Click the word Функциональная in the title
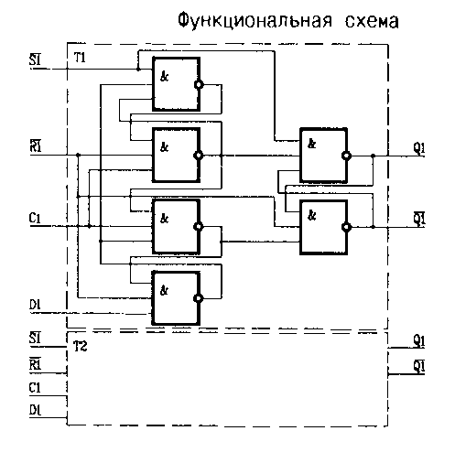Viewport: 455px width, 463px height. tap(255, 21)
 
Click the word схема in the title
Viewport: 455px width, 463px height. tap(372, 22)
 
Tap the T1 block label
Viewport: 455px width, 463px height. tap(80, 58)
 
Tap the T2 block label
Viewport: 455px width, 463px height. tap(81, 346)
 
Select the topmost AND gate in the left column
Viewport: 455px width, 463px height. tap(177, 84)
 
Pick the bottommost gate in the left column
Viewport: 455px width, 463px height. tap(177, 298)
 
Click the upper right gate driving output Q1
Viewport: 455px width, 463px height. tap(324, 156)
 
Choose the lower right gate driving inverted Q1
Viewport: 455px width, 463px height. tap(324, 227)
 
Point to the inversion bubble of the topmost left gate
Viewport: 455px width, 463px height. tap(199, 84)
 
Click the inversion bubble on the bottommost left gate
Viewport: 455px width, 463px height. tap(198, 298)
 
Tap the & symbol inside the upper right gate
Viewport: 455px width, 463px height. tap(311, 144)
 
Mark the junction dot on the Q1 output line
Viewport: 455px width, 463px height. tap(373, 156)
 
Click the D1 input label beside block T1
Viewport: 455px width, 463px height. tap(35, 305)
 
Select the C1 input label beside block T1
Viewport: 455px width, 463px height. tap(35, 218)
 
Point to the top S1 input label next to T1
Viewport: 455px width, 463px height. tap(35, 59)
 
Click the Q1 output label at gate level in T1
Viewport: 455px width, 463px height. tap(419, 148)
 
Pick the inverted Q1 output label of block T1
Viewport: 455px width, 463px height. tap(419, 218)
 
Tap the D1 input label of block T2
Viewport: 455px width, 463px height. tap(35, 410)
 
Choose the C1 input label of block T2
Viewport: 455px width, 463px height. tap(35, 388)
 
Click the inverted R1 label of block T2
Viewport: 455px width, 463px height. tap(35, 363)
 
